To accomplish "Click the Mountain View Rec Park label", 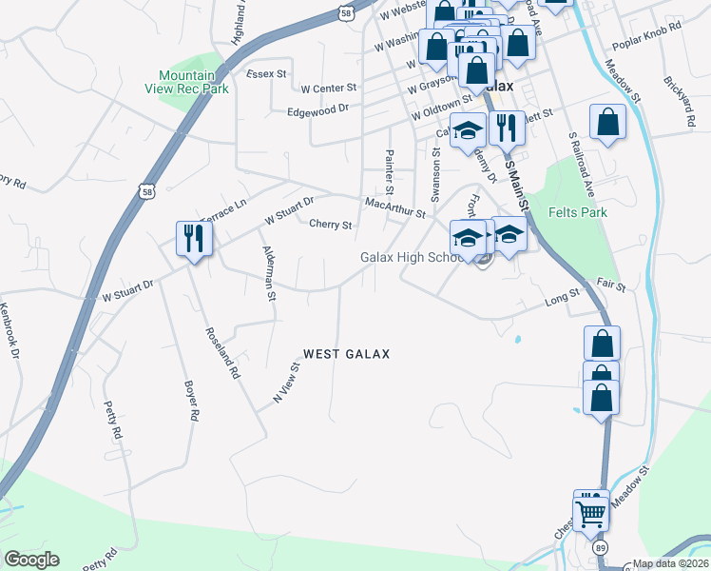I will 194,81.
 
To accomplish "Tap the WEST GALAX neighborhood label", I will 347,354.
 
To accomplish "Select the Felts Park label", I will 578,212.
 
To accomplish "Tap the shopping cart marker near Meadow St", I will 591,512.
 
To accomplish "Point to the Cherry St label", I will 331,226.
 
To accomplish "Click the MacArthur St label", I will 395,205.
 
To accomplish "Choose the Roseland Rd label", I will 221,354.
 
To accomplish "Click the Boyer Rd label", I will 191,402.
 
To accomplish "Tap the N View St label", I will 286,384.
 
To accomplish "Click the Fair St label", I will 611,285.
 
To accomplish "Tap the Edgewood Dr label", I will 318,110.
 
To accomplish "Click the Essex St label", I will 266,73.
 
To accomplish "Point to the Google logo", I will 31,560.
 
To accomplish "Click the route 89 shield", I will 600,549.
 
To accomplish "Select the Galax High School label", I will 411,258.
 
